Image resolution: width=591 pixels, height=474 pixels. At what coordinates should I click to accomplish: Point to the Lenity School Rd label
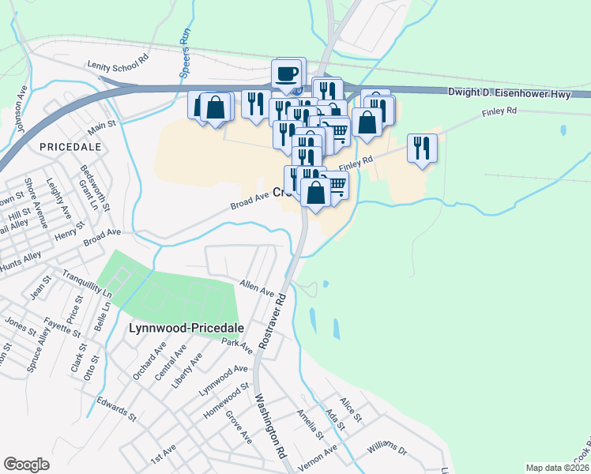(119, 59)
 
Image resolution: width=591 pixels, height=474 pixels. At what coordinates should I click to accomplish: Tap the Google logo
(26, 465)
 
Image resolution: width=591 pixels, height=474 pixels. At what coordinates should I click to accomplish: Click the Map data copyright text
(558, 467)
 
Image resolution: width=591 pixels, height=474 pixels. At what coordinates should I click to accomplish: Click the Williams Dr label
(386, 451)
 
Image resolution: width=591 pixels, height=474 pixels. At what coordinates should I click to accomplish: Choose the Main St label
(102, 126)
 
